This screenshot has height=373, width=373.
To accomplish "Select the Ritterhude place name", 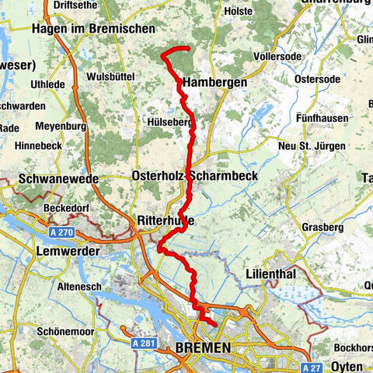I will click(165, 221).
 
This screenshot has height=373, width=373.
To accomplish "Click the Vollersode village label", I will click(281, 57).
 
